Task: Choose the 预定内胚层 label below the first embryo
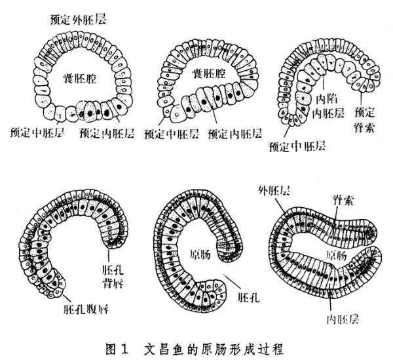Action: [x=107, y=132]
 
